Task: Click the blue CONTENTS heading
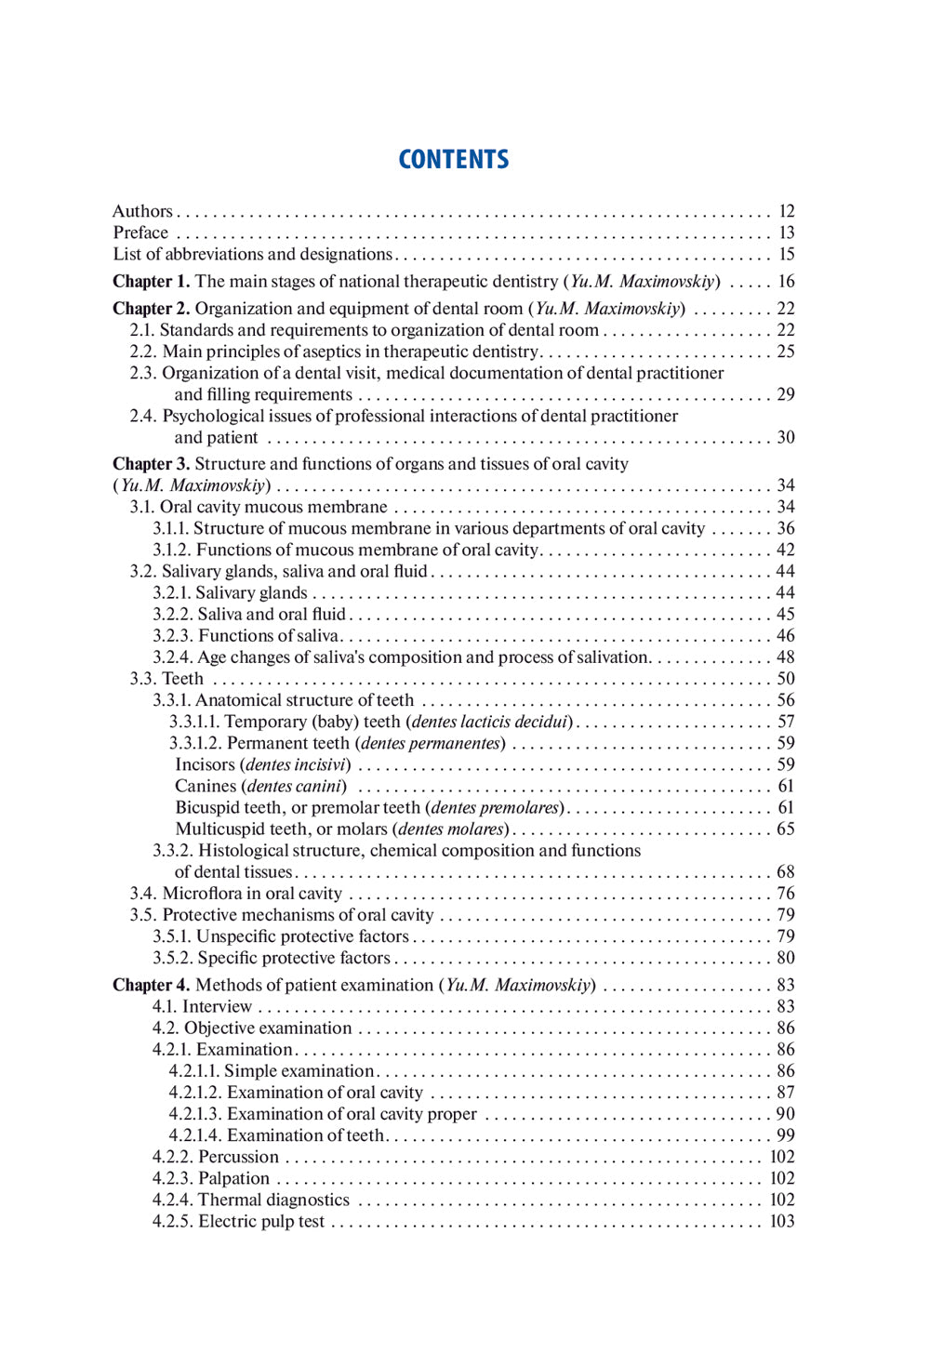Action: coord(454,159)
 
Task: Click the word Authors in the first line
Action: coord(142,211)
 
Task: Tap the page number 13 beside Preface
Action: coord(786,232)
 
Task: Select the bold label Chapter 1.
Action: coord(151,281)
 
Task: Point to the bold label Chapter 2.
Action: coord(151,308)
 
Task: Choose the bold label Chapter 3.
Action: coord(151,463)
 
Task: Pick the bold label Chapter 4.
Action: coord(151,985)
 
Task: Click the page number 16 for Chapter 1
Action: coord(786,281)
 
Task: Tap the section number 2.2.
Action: coord(143,352)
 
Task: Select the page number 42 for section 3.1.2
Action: coord(786,550)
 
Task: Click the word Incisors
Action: coord(205,764)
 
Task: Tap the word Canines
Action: coord(205,786)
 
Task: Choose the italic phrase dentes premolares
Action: coord(495,807)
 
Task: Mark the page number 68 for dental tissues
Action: coord(786,871)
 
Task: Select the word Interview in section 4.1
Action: coord(217,1006)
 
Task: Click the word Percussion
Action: coord(238,1157)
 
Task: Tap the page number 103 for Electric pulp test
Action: coord(782,1221)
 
